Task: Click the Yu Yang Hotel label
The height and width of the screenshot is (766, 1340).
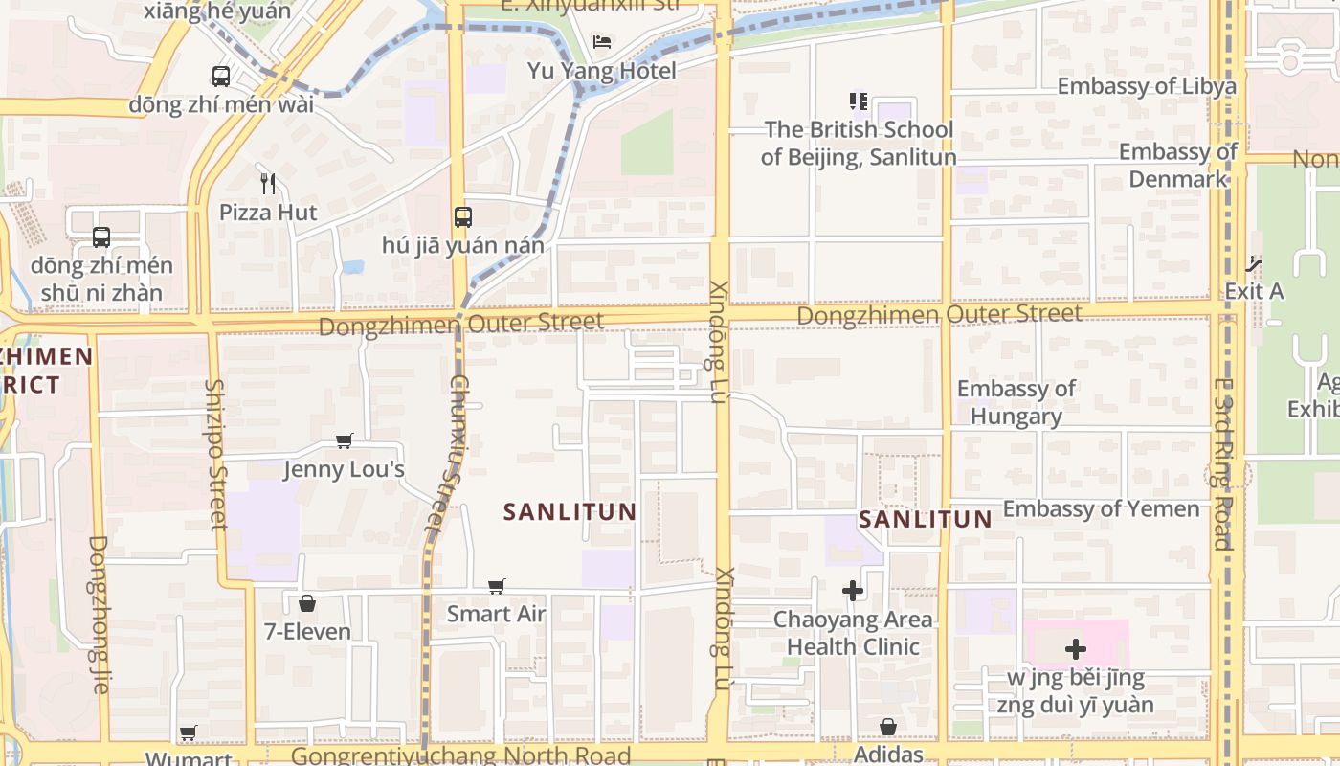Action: (x=601, y=71)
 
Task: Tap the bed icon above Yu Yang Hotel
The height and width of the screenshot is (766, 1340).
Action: (x=602, y=41)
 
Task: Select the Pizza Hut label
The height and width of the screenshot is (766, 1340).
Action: (x=268, y=213)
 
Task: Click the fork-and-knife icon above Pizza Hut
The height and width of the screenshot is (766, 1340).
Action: (x=268, y=183)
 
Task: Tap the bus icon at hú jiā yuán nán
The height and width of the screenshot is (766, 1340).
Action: (x=463, y=217)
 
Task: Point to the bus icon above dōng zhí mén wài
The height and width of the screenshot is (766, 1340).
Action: (x=221, y=76)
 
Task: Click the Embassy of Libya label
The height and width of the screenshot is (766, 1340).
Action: (x=1147, y=86)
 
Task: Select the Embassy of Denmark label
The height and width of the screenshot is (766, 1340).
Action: (x=1177, y=165)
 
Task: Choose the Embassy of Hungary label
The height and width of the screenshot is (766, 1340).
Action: (x=1016, y=402)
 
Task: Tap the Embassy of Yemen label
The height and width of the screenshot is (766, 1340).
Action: (x=1101, y=508)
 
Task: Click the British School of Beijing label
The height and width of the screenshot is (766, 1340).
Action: (x=859, y=144)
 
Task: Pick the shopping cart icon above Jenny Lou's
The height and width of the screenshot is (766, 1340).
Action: (x=345, y=440)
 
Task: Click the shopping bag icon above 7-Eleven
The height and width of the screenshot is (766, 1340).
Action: (x=307, y=603)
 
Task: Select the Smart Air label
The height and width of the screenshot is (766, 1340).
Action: (x=496, y=614)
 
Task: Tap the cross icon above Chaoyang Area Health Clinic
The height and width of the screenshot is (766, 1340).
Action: (x=853, y=591)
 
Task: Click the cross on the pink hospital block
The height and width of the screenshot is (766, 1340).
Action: (x=1076, y=649)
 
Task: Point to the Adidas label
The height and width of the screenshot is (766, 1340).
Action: (x=888, y=755)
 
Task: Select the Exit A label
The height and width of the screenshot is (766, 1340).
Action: (x=1254, y=291)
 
